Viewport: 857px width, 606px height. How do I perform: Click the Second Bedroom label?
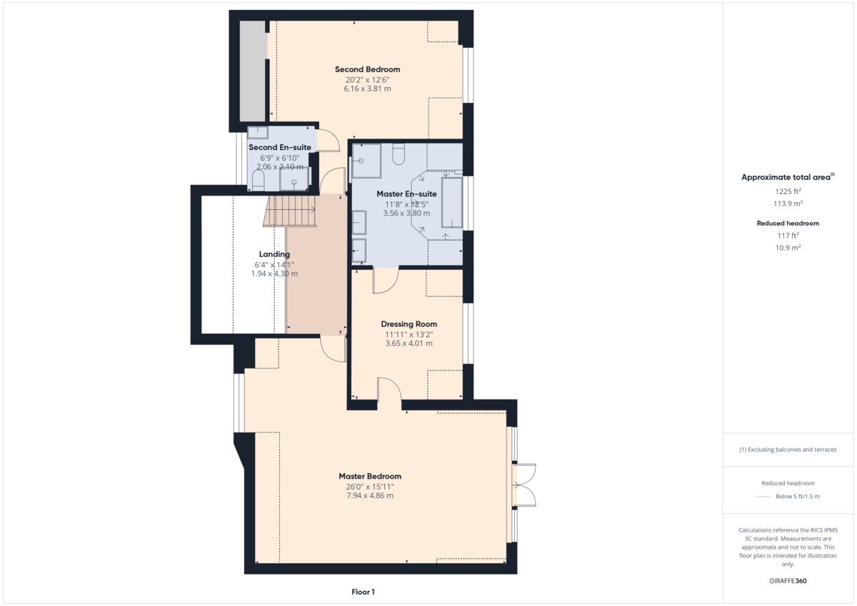coord(367,69)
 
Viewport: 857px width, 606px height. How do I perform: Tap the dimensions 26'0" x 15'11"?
coord(369,487)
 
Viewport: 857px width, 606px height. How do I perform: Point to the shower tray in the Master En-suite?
coord(366,161)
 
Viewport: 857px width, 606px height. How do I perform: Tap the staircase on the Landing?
coord(291,212)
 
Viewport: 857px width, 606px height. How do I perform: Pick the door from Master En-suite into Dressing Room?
coord(386,280)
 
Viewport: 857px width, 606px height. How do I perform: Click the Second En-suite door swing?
coord(327,141)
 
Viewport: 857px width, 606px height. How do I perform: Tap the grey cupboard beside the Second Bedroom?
coord(251,71)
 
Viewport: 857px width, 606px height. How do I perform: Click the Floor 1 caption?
coord(363,592)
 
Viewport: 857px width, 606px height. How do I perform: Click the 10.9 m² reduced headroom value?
coord(788,247)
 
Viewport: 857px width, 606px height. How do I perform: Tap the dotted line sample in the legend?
coord(764,496)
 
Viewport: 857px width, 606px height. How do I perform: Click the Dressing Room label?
coord(409,324)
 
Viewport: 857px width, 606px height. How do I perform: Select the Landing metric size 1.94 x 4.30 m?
coord(274,273)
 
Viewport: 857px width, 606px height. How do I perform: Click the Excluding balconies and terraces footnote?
coord(788,450)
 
